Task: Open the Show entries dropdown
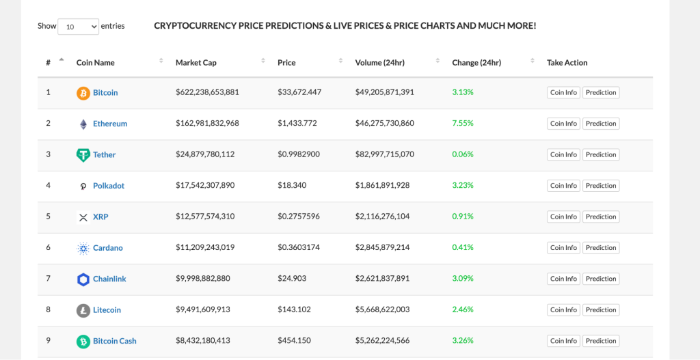[78, 27]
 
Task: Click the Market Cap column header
[196, 63]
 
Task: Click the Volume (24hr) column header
[379, 63]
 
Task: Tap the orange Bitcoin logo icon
[83, 93]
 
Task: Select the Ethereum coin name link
[110, 124]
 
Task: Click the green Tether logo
[83, 155]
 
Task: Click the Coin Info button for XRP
[563, 217]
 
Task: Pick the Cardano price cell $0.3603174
[299, 247]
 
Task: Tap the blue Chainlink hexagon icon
[83, 279]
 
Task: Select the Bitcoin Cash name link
[115, 341]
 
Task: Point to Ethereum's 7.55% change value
[463, 124]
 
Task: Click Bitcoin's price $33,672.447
[299, 92]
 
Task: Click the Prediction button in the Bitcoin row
[601, 93]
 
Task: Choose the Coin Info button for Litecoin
[563, 310]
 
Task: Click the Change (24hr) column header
[476, 63]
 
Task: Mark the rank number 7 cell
[49, 279]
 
